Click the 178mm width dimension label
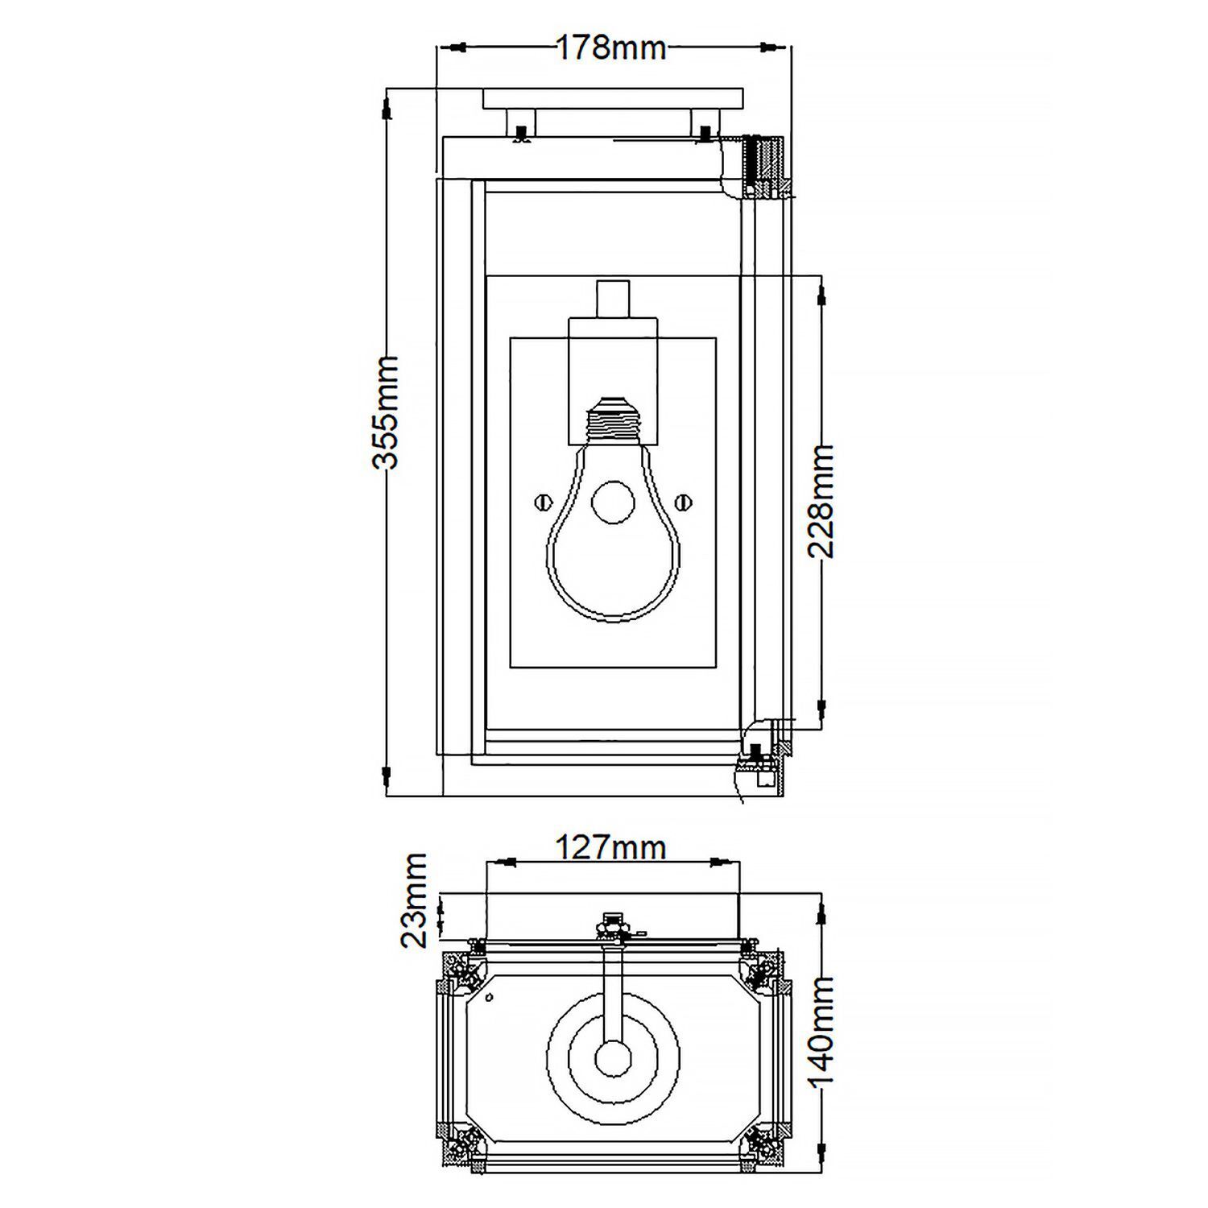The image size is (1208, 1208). [612, 48]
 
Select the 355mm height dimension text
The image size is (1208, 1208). [386, 411]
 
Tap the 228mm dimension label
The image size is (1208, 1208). [821, 501]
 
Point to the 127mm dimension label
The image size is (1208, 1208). [611, 847]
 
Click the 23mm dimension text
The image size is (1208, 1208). [416, 901]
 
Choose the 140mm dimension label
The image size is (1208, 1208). [821, 1033]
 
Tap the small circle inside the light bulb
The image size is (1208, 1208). [613, 503]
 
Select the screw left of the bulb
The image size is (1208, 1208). [542, 503]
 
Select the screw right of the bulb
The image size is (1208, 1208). [684, 503]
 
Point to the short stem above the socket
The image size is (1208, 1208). [613, 299]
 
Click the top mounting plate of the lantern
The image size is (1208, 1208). [612, 99]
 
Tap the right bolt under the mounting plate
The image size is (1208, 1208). [705, 130]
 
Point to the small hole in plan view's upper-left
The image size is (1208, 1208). [490, 999]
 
